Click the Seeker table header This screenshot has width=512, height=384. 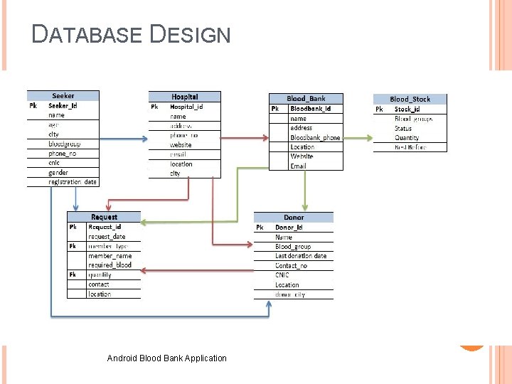63,96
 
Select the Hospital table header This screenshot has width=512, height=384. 185,97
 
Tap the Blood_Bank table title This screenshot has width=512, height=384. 306,99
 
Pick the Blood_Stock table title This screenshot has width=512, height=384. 410,100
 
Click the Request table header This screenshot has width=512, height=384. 104,217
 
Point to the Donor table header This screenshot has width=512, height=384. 294,218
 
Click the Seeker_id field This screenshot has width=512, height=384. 63,105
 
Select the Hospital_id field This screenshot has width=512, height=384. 186,107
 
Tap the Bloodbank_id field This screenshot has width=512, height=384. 311,109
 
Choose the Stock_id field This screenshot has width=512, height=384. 407,110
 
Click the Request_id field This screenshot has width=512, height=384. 105,227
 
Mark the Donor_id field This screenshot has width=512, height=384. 289,228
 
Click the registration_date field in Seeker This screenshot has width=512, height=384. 73,182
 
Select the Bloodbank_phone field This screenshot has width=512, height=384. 315,137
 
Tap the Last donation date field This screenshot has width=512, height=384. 301,256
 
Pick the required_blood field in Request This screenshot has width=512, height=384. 110,265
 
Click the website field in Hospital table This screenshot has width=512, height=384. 181,145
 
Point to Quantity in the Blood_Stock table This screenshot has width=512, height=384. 407,138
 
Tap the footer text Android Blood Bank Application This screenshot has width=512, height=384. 166,358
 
